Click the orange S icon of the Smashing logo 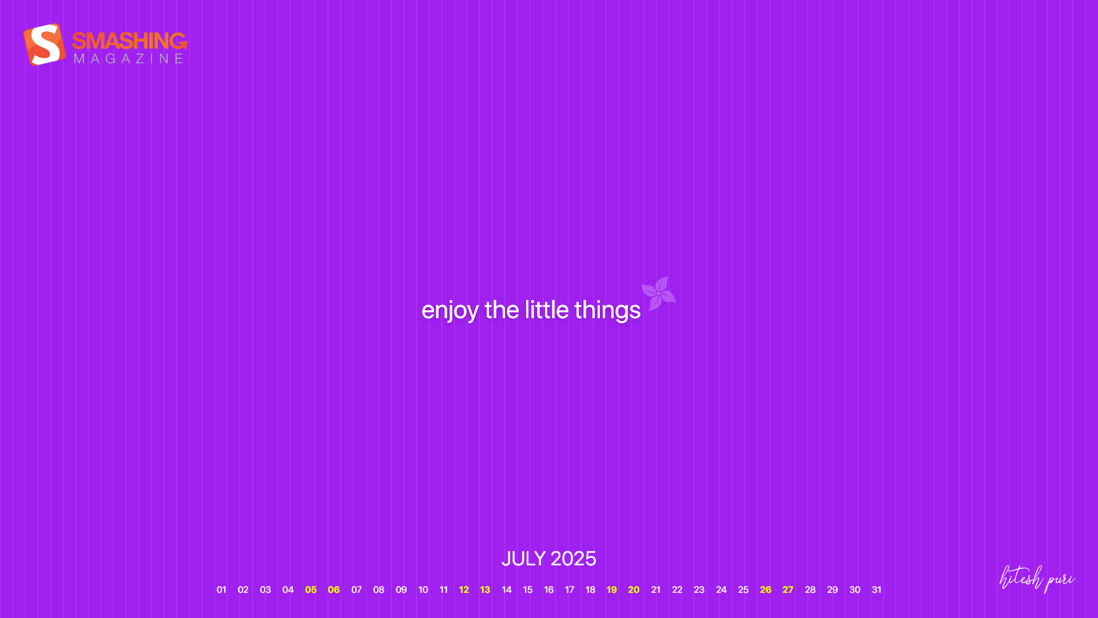tap(45, 45)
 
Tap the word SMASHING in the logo tap(130, 41)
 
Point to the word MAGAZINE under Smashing tap(129, 58)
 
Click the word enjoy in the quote tap(449, 310)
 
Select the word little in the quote tap(547, 310)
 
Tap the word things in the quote tap(607, 310)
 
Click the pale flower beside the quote tap(658, 294)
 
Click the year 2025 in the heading tap(574, 558)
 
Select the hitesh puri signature tap(1037, 579)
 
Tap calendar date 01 tap(221, 589)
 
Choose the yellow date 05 tap(311, 589)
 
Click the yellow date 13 tap(485, 589)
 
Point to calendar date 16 tap(549, 589)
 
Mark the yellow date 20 tap(634, 589)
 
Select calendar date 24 tap(721, 589)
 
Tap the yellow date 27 tap(788, 589)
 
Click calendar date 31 tap(876, 589)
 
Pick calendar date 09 tap(401, 589)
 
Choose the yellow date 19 tap(612, 589)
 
